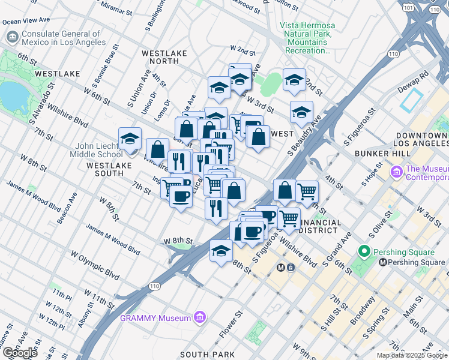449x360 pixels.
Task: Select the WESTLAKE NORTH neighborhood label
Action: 164,57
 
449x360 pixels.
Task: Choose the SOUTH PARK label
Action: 207,355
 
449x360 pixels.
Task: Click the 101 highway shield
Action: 408,8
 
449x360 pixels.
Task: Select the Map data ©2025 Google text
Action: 412,355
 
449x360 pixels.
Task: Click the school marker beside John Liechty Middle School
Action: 130,139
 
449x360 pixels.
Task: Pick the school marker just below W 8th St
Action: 221,250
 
